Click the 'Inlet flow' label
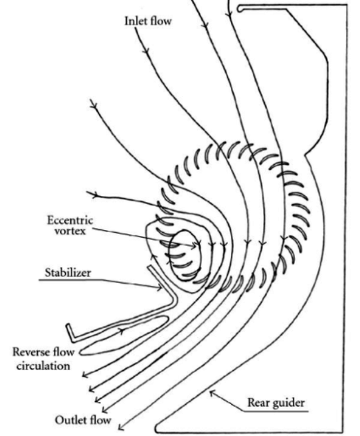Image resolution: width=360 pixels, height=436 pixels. [x=148, y=20]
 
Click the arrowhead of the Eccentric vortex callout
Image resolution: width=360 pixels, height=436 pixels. [x=197, y=247]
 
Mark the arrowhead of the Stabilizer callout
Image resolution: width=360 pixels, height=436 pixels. [x=159, y=288]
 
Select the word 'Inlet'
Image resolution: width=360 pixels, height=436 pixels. [x=136, y=20]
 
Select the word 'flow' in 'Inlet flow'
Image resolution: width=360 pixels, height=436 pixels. [x=161, y=20]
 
